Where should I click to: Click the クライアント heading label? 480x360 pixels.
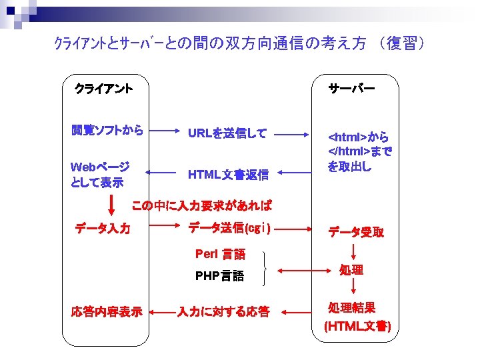(103, 87)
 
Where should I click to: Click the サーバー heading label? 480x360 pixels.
(351, 87)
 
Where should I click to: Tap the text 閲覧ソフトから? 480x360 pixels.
(107, 130)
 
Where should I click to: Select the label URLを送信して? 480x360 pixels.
(227, 133)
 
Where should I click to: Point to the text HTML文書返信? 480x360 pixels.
(228, 175)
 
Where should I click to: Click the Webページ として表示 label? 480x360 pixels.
(100, 173)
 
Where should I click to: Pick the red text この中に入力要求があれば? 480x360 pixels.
(202, 205)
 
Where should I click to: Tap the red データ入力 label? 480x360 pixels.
(103, 229)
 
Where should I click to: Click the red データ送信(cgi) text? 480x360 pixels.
(229, 228)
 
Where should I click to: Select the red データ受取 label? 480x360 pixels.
(355, 232)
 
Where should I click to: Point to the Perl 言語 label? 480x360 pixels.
(220, 253)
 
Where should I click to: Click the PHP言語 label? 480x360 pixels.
(219, 275)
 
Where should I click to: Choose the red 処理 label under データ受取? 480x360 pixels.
(351, 270)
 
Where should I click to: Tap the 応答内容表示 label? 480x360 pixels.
(107, 311)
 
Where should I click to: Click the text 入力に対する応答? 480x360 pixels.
(223, 311)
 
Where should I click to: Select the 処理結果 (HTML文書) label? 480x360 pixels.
(357, 317)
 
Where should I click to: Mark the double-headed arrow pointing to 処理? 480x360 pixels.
(304, 271)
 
